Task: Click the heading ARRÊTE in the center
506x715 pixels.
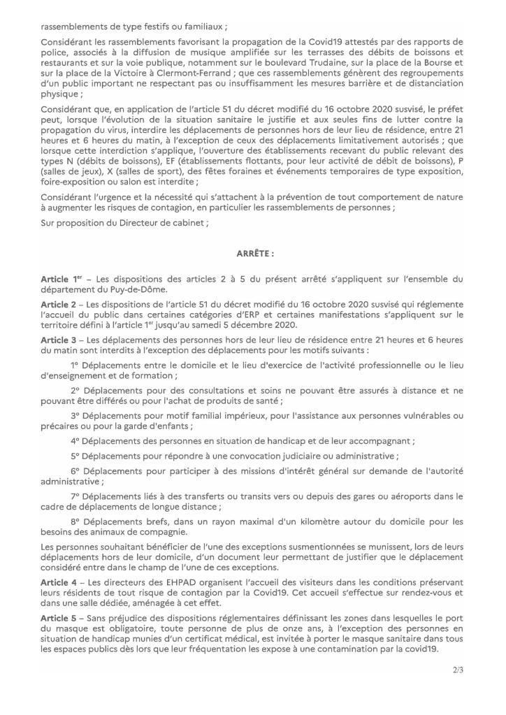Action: tap(253, 254)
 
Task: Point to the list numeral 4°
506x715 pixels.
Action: tap(75, 441)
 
